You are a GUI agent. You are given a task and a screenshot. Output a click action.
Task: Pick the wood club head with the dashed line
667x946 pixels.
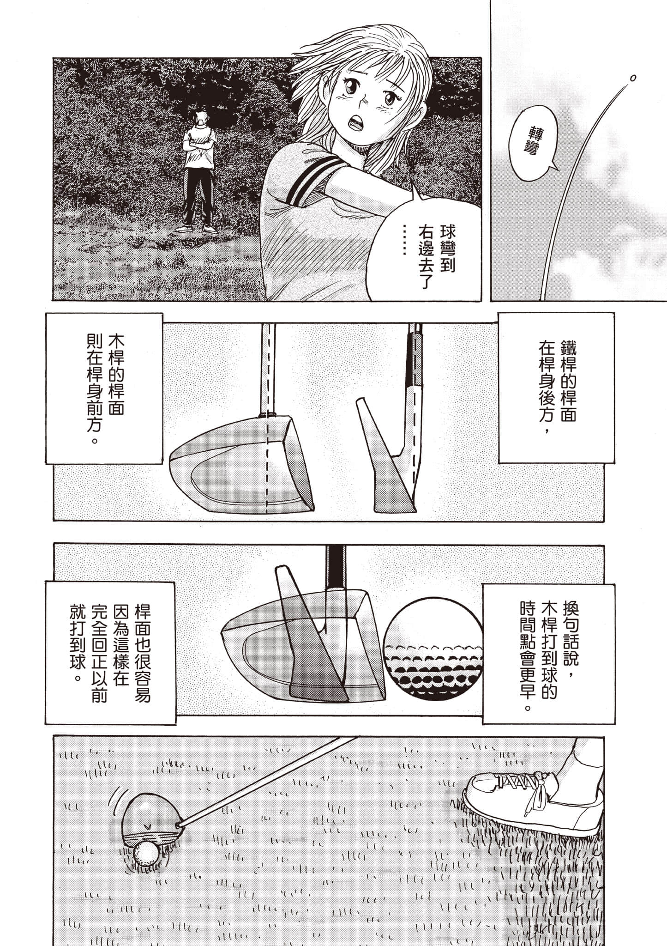click(x=245, y=467)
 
